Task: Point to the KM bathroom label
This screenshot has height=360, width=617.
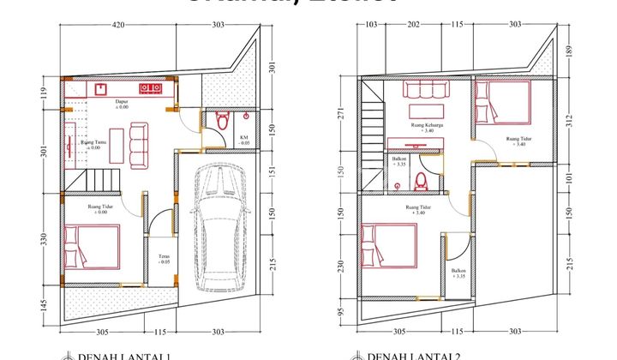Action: pos(244,140)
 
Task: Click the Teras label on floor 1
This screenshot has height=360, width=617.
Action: pos(164,258)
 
